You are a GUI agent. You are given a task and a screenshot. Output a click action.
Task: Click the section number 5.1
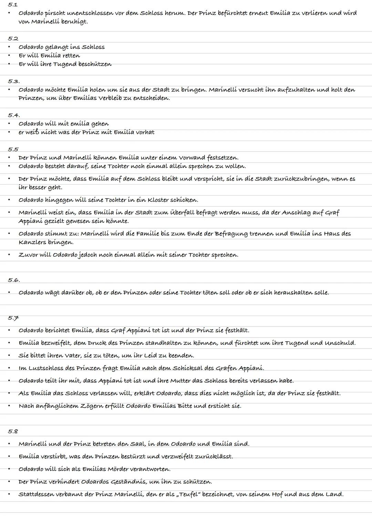pos(13,5)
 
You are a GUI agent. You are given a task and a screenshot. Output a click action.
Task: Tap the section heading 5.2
pos(13,39)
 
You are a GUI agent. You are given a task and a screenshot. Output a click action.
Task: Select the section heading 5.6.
pos(14,280)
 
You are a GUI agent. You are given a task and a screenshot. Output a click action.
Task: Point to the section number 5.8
pos(13,431)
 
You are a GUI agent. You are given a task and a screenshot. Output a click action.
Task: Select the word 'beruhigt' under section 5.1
pos(74,22)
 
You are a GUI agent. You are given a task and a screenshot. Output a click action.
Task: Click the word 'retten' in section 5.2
pos(71,55)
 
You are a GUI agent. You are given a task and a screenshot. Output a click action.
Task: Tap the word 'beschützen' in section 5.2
pos(95,64)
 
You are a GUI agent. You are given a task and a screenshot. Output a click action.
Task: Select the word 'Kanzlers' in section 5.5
pos(32,242)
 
